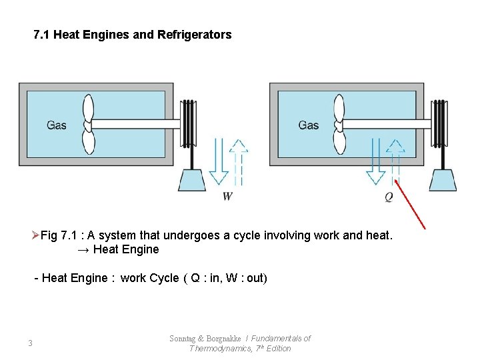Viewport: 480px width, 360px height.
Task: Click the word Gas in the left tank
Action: [57, 125]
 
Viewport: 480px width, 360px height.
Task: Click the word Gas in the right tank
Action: [309, 125]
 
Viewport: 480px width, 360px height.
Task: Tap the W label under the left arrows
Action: [227, 196]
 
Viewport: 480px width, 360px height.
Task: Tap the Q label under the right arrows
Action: [389, 197]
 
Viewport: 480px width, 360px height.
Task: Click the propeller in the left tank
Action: [88, 124]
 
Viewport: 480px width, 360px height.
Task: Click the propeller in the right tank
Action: [339, 124]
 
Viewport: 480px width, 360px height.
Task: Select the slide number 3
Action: [30, 343]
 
